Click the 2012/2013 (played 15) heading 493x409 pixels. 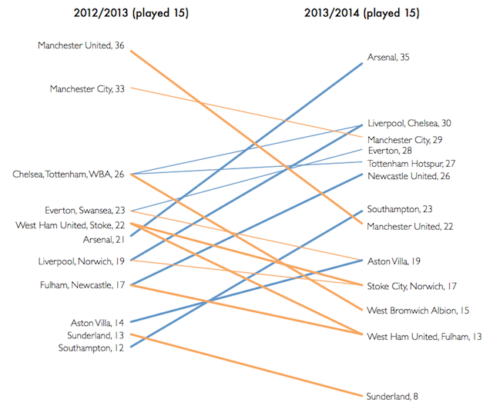[132, 13]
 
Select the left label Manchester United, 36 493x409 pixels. [82, 46]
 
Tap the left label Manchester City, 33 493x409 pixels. [88, 89]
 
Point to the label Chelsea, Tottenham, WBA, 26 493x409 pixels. [69, 175]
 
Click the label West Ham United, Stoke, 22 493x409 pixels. [70, 224]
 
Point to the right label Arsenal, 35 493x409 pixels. [392, 58]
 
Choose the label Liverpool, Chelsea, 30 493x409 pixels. [409, 123]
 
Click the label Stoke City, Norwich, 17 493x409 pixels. [412, 286]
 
